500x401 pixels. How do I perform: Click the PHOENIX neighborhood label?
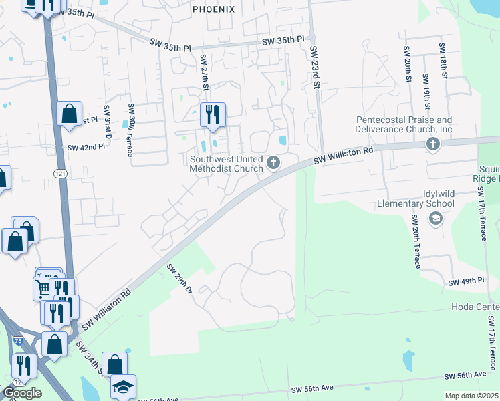[x=214, y=9]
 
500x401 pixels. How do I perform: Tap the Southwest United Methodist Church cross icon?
[x=273, y=162]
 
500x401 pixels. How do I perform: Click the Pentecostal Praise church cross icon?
[x=433, y=144]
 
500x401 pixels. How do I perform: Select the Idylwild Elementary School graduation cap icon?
[x=435, y=218]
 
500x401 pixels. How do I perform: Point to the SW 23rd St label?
[x=316, y=67]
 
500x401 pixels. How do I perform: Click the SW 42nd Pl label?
[x=86, y=147]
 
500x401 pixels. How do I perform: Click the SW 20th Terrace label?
[x=416, y=241]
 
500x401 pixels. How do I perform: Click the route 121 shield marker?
[x=59, y=172]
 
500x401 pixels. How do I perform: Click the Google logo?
[x=21, y=393]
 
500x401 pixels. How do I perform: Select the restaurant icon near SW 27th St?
[x=213, y=114]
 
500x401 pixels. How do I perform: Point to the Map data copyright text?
[x=472, y=396]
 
